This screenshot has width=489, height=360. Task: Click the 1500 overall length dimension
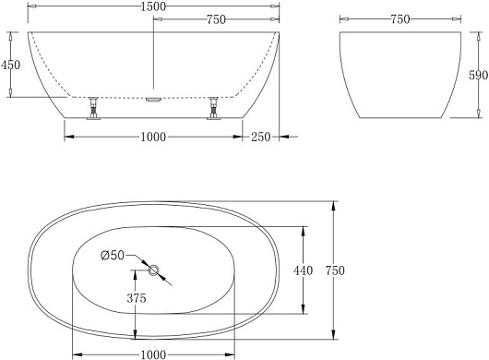tap(153, 6)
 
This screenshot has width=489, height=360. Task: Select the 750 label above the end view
tap(400, 19)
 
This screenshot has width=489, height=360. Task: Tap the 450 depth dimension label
tap(10, 65)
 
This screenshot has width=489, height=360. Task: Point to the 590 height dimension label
tap(479, 75)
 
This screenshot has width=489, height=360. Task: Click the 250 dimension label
tap(261, 137)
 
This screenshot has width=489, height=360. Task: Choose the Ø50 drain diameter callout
tap(113, 255)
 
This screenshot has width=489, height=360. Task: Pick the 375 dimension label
tap(137, 298)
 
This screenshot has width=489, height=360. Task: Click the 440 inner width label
tap(303, 270)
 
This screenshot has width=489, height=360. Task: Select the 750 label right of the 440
tap(335, 270)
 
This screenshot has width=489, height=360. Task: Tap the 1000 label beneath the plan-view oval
tap(153, 354)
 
